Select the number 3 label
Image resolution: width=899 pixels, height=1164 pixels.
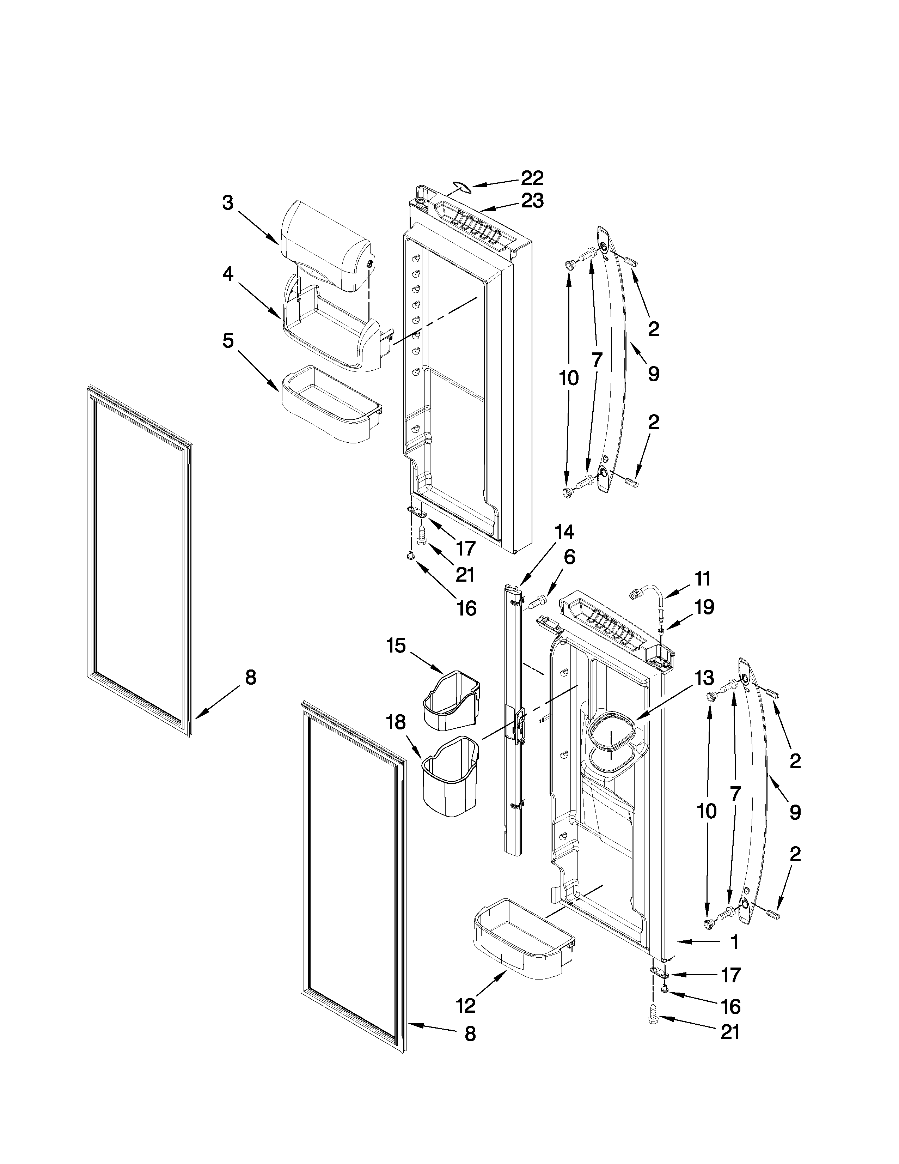coord(228,203)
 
